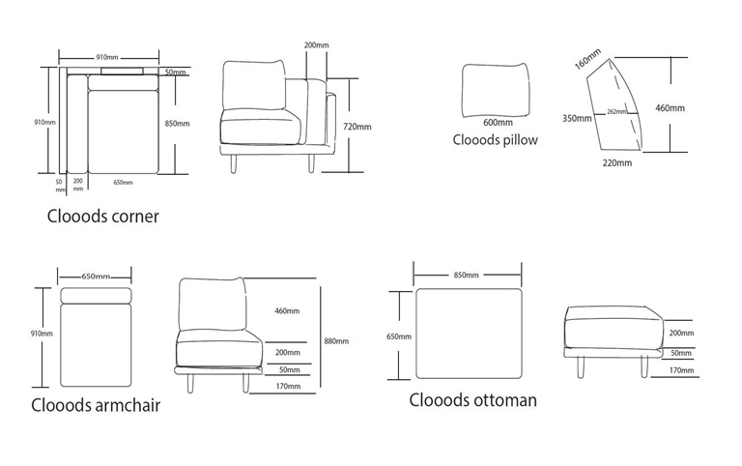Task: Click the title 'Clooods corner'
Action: [103, 217]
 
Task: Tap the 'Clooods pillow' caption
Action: [496, 139]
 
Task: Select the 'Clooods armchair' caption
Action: [95, 404]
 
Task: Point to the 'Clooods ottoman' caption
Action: [472, 398]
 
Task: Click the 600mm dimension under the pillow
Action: [497, 122]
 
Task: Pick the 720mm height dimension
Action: [357, 127]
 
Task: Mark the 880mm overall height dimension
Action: [337, 341]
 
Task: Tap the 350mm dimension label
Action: [576, 119]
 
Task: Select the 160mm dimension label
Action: [587, 58]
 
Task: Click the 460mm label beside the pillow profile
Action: [670, 108]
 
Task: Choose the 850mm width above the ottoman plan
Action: [466, 275]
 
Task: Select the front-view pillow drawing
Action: [497, 87]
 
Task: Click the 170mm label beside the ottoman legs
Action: [682, 369]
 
